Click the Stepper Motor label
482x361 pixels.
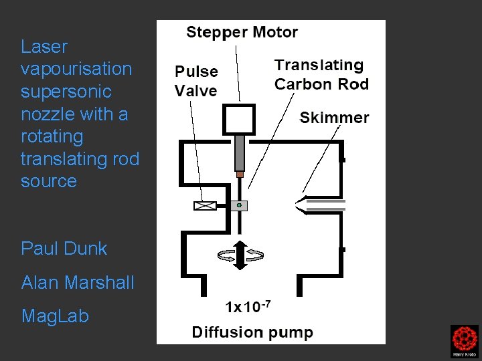242,31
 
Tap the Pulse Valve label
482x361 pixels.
196,81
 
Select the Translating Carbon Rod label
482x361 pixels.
321,74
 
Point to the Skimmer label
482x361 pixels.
334,118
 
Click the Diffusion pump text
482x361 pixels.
252,332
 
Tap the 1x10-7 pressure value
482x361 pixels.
248,307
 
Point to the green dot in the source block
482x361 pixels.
240,205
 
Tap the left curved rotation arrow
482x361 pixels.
225,255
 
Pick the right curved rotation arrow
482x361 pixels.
255,255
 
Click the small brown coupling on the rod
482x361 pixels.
240,174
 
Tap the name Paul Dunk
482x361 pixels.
64,249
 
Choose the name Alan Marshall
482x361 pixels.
78,282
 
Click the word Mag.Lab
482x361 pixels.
55,316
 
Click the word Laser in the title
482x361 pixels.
44,47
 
